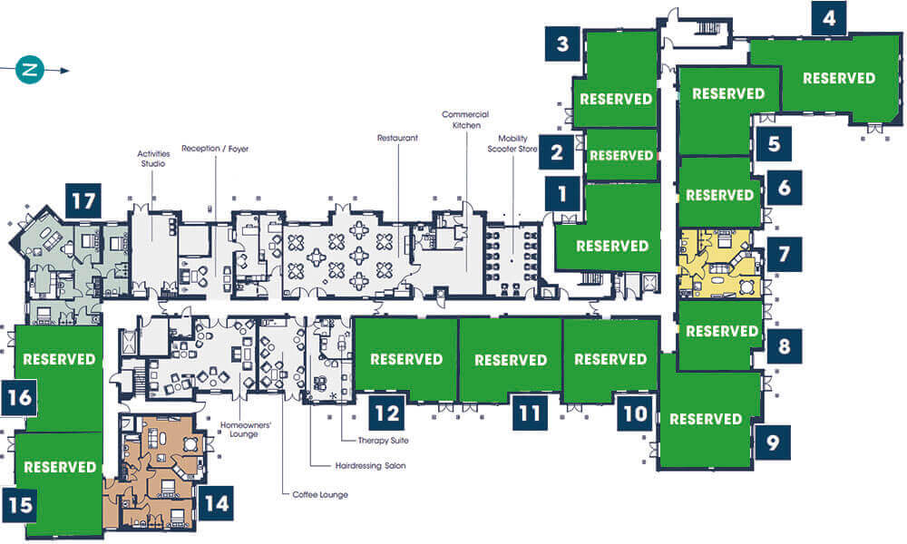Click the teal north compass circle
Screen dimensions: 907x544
30,70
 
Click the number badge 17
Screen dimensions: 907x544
83,201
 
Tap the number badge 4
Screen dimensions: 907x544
829,18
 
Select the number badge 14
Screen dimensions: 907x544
217,503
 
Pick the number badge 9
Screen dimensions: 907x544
773,442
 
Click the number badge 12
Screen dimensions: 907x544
387,413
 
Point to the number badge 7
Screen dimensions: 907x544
784,254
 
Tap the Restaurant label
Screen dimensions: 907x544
397,138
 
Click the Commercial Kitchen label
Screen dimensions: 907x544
465,120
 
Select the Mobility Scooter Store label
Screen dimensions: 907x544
512,143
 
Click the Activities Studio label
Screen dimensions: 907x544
153,159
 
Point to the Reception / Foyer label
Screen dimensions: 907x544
215,149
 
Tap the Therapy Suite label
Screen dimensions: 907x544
383,441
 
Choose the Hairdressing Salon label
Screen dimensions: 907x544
371,465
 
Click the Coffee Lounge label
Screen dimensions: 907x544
320,495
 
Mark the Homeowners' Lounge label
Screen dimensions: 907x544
245,430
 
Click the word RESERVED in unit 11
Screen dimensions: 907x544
511,360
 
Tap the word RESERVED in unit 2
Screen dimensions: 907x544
621,155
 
